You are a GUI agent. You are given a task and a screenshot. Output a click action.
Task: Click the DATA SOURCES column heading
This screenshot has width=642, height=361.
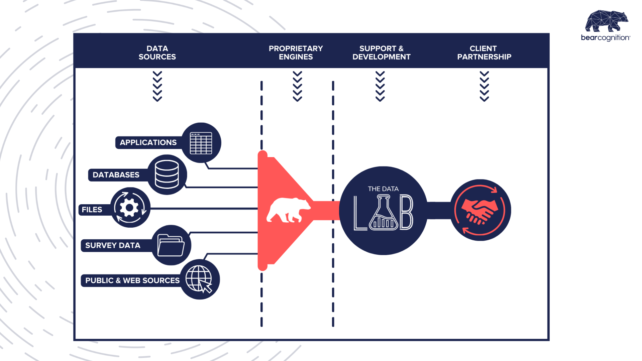pos(157,53)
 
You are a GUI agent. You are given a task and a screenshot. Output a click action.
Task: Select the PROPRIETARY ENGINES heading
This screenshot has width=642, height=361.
pos(296,53)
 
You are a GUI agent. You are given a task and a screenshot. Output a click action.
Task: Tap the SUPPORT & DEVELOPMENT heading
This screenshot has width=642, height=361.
pos(382,53)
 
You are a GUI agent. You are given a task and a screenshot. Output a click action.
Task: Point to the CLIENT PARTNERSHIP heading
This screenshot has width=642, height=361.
pos(484,53)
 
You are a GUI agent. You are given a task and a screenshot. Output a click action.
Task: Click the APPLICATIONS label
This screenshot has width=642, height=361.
pos(148,142)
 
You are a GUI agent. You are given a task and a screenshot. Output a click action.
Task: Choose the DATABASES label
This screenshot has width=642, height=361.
pos(116,175)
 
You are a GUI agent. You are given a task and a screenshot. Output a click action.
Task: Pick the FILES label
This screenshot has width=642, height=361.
pos(92,210)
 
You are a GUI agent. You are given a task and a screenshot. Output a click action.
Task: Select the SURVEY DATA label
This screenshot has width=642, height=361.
pos(113,245)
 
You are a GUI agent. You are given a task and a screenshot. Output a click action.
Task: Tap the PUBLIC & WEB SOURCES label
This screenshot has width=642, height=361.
pos(132,280)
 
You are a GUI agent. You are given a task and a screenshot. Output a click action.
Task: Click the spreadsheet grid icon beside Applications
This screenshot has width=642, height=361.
pos(201,143)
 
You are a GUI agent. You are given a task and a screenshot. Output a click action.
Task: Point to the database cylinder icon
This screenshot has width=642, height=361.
pos(167,174)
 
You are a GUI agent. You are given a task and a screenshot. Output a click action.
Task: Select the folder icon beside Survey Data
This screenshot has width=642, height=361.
pos(171,245)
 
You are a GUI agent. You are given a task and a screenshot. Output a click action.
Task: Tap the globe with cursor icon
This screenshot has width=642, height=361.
pos(199,279)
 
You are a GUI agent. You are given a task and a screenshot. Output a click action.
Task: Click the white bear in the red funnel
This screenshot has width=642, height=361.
pos(288,210)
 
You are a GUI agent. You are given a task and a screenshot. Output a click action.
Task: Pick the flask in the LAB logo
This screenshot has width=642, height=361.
pos(384,214)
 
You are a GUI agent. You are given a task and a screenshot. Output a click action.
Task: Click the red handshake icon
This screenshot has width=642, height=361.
pos(480,211)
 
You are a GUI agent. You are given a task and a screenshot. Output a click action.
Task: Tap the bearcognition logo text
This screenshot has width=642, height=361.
pos(605,38)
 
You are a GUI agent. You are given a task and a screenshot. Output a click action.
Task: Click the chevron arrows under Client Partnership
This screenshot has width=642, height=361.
pos(484,86)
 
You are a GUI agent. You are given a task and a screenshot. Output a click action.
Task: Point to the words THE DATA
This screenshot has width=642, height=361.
pos(383,189)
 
